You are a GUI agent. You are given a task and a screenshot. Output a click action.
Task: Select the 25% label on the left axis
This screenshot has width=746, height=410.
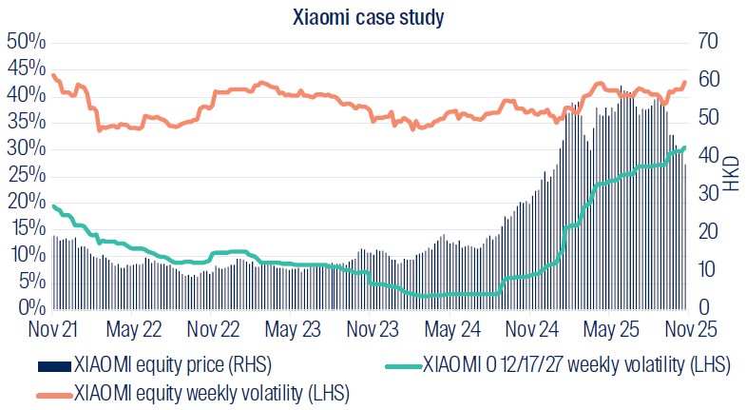pos(27,175)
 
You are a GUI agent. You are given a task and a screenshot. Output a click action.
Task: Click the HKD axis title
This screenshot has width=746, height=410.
pos(732,175)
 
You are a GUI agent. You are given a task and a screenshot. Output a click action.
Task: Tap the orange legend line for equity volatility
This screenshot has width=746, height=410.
pos(53,391)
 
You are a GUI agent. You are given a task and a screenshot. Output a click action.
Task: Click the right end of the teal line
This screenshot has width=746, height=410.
pos(684,147)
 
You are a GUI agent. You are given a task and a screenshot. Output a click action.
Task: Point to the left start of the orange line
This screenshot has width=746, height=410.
pos(54,75)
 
